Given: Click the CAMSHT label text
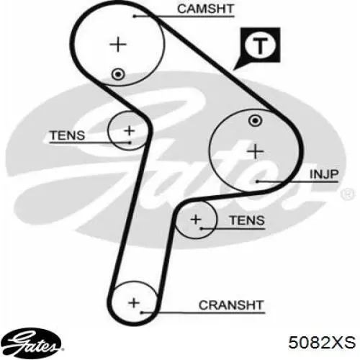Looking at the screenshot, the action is (205, 9).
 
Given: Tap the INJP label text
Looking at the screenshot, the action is (324, 174).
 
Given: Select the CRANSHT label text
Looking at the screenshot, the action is (231, 305).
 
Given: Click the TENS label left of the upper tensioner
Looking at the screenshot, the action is (68, 135).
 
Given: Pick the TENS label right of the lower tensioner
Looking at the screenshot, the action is (247, 220).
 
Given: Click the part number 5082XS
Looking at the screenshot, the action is (322, 342).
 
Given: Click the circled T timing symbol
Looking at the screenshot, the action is (260, 45).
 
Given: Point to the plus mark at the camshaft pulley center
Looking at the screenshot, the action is (118, 44).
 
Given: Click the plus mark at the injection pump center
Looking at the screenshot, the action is (256, 151).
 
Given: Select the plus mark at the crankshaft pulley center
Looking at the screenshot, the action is (134, 302).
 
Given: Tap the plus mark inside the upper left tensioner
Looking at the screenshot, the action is (130, 131).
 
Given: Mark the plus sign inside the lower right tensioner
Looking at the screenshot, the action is (196, 220).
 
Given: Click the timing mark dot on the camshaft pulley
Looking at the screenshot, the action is (118, 74).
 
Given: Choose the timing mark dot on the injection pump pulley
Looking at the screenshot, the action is (255, 121).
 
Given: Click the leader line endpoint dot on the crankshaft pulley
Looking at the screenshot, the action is (142, 312).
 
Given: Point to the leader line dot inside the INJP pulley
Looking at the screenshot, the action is (257, 181).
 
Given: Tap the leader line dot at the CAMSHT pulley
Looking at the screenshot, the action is (135, 17).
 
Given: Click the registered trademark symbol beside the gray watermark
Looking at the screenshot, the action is (347, 194).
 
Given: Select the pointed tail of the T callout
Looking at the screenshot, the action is (234, 70).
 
